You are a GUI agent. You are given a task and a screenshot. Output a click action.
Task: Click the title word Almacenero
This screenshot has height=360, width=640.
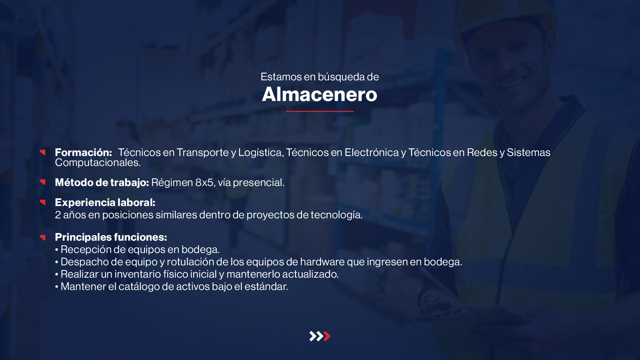(320, 94)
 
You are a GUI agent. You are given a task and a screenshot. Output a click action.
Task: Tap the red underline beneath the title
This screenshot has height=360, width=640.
(320, 111)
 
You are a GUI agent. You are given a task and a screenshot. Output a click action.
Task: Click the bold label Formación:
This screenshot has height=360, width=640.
(83, 152)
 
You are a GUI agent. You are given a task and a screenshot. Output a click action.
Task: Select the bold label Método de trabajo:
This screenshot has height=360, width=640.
(102, 182)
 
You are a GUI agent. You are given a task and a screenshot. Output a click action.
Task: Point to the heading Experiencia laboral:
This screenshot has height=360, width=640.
(105, 202)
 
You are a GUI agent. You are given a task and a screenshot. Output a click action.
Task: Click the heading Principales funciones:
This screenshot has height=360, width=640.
(111, 237)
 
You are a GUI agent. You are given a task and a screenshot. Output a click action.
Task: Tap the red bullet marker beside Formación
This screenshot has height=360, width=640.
(43, 152)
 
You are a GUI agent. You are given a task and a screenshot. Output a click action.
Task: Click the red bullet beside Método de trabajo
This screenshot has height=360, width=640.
(43, 182)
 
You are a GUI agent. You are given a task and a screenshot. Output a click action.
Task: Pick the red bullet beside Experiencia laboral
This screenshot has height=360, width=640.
(43, 202)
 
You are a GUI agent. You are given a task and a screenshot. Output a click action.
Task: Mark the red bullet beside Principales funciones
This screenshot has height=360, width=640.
(43, 237)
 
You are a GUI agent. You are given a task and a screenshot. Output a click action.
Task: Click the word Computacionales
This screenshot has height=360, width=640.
(98, 163)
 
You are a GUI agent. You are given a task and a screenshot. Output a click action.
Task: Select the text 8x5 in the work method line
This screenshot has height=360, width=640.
(204, 182)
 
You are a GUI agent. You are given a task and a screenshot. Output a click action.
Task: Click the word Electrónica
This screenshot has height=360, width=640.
(372, 152)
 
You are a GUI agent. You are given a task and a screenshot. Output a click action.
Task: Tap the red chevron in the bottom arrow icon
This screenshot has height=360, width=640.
(327, 336)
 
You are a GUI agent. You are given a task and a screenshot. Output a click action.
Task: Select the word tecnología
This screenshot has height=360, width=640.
(337, 215)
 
